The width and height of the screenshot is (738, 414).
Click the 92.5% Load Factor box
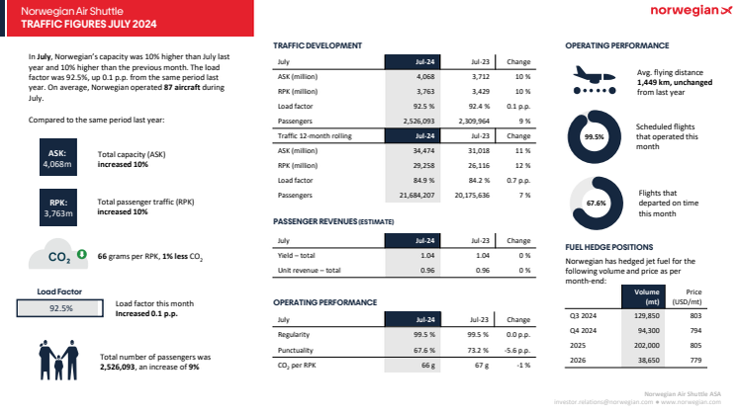(61, 308)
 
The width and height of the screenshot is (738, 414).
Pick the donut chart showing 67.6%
(594, 203)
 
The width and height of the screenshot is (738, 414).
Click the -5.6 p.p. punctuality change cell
(517, 350)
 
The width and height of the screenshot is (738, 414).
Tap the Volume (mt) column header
(646, 295)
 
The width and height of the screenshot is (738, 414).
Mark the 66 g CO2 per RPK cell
(427, 365)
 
